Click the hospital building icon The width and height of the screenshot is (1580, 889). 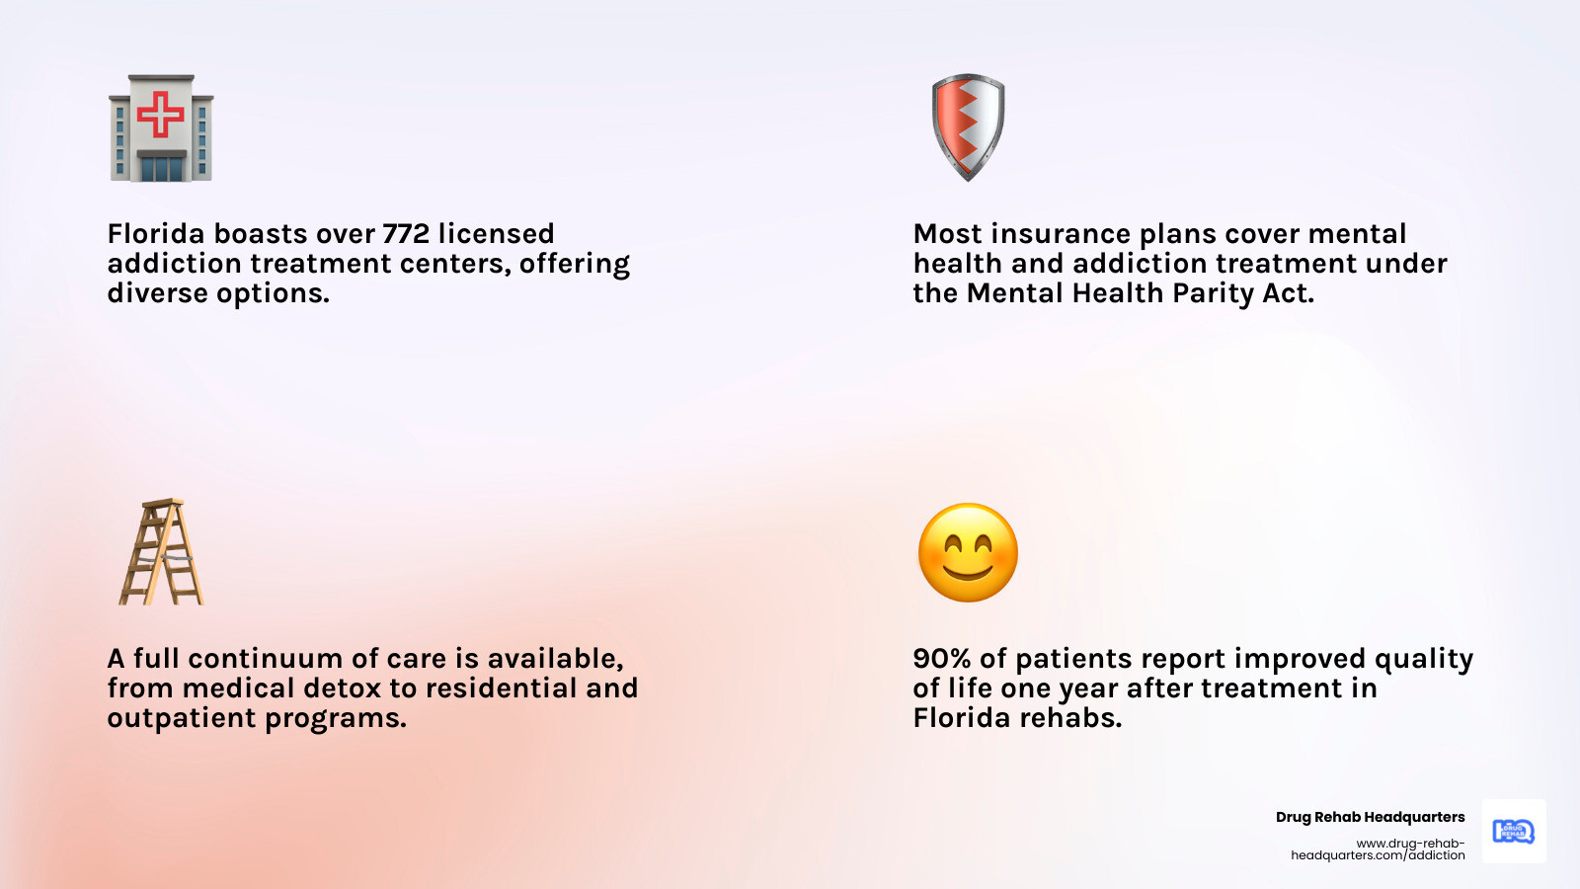[161, 128]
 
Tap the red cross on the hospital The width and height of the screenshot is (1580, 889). [161, 114]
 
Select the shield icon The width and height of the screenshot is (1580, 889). [968, 126]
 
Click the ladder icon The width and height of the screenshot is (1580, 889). [162, 552]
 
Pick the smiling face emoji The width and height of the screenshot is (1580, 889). [968, 552]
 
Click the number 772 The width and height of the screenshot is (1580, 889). [406, 234]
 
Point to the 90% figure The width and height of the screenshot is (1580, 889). [941, 659]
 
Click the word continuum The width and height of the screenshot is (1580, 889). [266, 659]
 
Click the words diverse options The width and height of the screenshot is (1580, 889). [217, 293]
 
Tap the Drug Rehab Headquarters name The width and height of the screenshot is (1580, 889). [1370, 817]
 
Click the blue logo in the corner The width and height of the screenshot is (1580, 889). [1513, 831]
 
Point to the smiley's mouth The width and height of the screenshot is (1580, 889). [968, 571]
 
